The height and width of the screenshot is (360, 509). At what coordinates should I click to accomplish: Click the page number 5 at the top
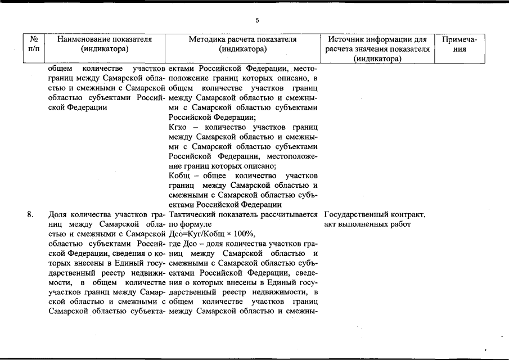257,21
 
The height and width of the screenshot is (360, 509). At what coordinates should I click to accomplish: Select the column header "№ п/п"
35,44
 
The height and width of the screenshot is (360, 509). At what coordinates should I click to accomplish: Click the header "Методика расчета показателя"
242,40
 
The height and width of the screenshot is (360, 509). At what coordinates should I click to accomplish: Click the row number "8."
30,215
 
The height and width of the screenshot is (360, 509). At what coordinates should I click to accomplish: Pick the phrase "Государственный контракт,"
375,215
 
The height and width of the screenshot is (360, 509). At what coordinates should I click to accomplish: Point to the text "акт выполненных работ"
368,224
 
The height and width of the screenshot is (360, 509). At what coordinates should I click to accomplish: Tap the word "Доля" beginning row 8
58,215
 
